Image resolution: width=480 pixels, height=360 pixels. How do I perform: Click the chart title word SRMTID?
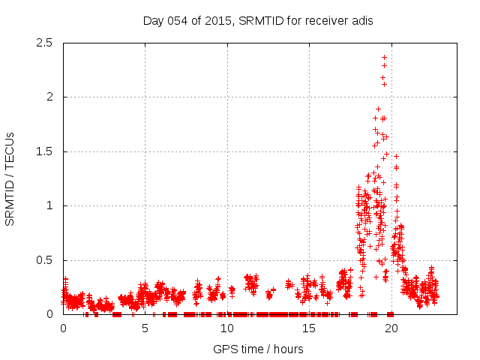pos(262,20)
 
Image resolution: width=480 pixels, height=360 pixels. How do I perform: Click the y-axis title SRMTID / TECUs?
pos(10,178)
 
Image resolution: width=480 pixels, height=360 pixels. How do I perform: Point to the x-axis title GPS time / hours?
pos(258,349)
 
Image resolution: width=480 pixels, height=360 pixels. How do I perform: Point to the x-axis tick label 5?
pos(145,328)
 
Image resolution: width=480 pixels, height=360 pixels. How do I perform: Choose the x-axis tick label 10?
pos(226,328)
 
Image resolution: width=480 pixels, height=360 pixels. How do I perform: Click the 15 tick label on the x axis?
pos(308,328)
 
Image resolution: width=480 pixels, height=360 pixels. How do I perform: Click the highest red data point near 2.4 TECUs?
pos(384,57)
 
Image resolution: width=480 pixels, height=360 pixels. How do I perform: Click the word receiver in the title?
pos(326,20)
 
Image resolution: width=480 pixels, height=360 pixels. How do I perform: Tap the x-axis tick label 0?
pos(63,328)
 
